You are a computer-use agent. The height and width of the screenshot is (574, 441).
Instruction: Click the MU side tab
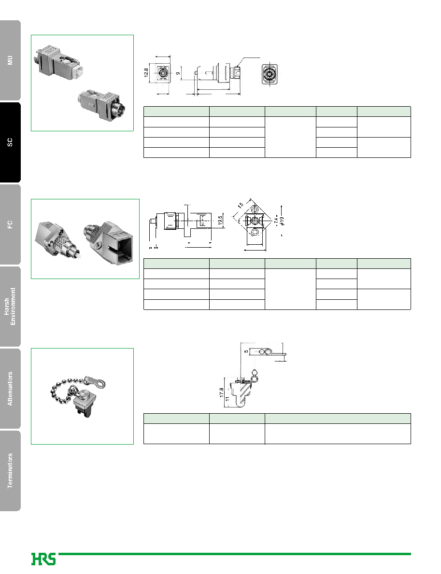[10, 60]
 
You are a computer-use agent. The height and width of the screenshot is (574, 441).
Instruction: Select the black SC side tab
[10, 142]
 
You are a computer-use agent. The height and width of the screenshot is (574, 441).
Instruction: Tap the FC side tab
[10, 224]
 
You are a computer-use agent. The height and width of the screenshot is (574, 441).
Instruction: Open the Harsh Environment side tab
[10, 307]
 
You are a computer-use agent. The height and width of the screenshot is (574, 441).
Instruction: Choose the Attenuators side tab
[10, 389]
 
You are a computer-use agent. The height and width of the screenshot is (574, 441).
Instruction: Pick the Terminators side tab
[10, 471]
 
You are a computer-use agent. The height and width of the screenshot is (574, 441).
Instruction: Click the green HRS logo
[43, 559]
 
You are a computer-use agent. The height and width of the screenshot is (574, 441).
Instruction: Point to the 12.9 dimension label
[146, 73]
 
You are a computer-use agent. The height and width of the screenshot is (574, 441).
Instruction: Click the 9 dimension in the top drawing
[178, 73]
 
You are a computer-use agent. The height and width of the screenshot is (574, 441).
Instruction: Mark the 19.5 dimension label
[220, 220]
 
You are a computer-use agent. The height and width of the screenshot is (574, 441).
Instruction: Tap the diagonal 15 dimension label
[240, 205]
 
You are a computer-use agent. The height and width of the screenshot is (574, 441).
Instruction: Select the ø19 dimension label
[281, 221]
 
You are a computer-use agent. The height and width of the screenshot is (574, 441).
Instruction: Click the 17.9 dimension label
[221, 392]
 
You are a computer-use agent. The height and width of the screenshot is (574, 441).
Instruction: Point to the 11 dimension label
[227, 399]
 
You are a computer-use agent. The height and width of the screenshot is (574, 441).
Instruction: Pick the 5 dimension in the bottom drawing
[246, 351]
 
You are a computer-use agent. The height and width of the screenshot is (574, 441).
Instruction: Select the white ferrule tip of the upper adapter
[78, 71]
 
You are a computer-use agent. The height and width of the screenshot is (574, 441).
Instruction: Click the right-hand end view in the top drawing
[270, 74]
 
